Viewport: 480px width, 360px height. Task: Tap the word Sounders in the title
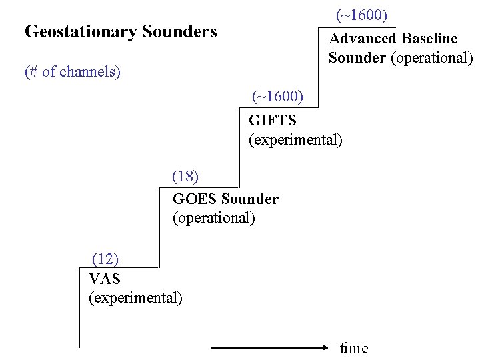[x=179, y=31]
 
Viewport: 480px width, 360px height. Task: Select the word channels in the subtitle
[x=89, y=72]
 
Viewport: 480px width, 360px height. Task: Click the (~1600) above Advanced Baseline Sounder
[x=361, y=15]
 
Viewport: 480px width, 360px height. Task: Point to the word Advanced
[x=362, y=39]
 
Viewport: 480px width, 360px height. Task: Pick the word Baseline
[x=429, y=39]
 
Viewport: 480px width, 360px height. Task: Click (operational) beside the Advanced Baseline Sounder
[x=431, y=58]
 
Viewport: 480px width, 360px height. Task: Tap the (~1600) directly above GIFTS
[x=277, y=97]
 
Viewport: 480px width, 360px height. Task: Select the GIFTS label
[x=272, y=121]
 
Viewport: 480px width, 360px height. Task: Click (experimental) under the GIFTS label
[x=295, y=140]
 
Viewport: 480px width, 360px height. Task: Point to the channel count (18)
[x=185, y=177]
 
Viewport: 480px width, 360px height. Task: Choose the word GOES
[x=195, y=199]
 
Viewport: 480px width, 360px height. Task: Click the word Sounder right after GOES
[x=250, y=199]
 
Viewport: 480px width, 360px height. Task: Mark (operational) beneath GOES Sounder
[x=213, y=218]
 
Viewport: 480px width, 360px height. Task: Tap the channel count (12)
[x=105, y=259]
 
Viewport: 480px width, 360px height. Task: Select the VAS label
[x=105, y=279]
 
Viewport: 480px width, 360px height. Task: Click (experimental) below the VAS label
[x=135, y=297]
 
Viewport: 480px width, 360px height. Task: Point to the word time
[x=354, y=349]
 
